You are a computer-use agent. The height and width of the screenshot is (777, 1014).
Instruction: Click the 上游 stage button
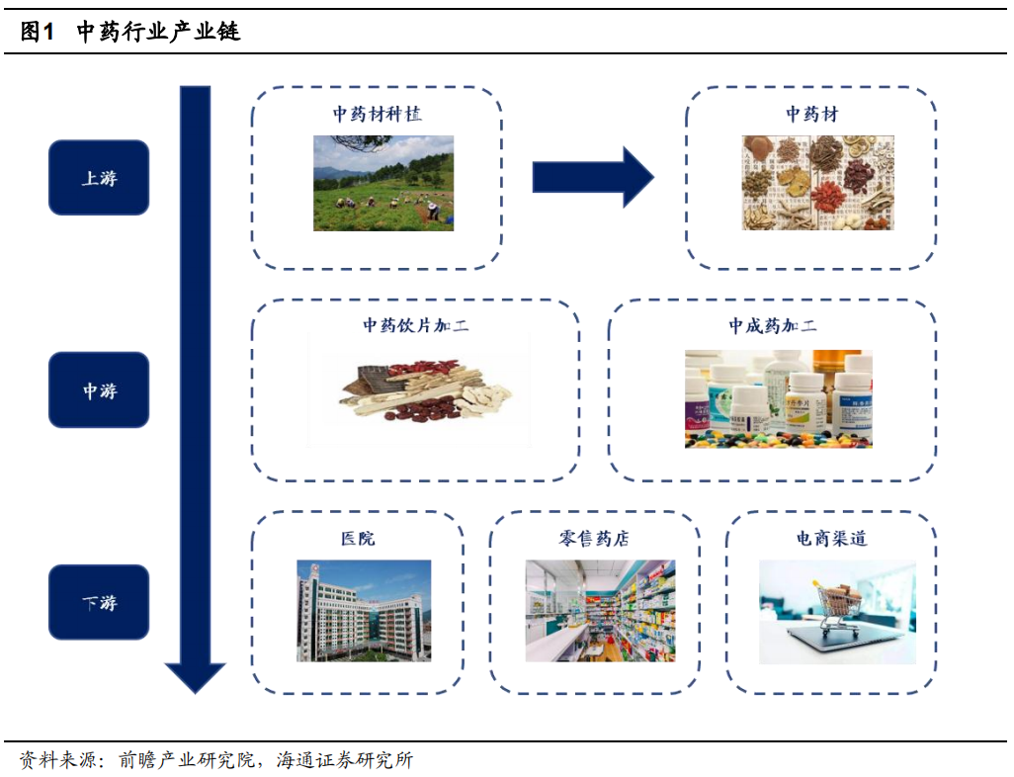coord(99,178)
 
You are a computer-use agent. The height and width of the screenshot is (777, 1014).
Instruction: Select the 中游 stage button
coord(99,390)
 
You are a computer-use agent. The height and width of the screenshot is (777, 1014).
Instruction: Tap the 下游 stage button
coord(99,602)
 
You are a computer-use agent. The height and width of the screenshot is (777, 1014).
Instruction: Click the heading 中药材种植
coord(377,114)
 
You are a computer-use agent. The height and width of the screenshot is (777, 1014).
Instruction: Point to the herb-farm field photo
coord(383,183)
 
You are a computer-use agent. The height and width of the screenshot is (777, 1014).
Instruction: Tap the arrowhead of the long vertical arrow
coord(196,676)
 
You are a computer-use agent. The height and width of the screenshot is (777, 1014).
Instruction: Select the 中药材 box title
coord(811,114)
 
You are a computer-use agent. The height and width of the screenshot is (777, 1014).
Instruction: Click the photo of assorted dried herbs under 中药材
coord(817,183)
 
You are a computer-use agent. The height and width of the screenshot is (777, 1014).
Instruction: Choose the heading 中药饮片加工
coord(415,325)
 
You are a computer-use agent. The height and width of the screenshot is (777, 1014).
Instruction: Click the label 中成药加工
coord(772,325)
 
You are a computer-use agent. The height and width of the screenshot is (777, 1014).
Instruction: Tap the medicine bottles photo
coord(778,398)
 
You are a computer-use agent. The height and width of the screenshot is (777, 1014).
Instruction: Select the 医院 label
coord(357,539)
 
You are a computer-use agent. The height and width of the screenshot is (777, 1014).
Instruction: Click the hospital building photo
coord(364,610)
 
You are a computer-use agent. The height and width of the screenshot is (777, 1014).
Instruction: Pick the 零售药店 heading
coord(593,539)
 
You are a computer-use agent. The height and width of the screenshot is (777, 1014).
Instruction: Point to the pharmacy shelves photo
coord(600,610)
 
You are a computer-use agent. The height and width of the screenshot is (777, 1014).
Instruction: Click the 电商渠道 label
coord(831,539)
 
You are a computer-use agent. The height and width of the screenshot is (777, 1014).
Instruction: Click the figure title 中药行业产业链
coord(158,33)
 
